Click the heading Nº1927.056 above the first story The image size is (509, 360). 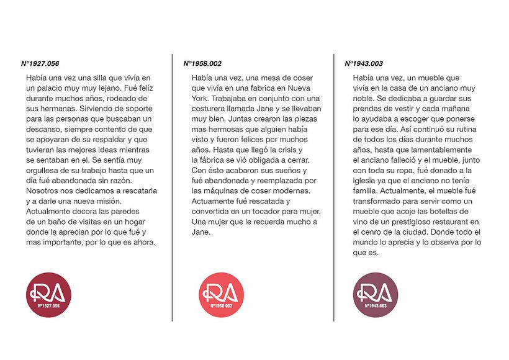[40, 63]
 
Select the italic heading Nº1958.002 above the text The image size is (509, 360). [202, 63]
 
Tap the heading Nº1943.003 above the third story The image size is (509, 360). [364, 63]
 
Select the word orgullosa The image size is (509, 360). [45, 170]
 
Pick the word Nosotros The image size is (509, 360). [43, 191]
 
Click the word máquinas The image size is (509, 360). [221, 191]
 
